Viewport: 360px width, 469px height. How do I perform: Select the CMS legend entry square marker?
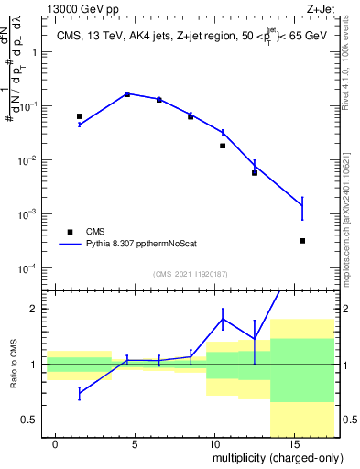pos(68,232)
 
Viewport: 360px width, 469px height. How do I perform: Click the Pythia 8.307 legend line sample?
pos(68,245)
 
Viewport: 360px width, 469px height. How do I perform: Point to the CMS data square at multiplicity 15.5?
pos(302,241)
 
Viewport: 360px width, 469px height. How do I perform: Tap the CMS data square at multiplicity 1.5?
pos(80,116)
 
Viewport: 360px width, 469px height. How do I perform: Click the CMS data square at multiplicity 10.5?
pos(223,146)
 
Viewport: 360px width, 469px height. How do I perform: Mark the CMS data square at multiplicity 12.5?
pos(255,173)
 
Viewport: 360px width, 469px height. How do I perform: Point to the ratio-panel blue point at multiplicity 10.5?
pos(223,319)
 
